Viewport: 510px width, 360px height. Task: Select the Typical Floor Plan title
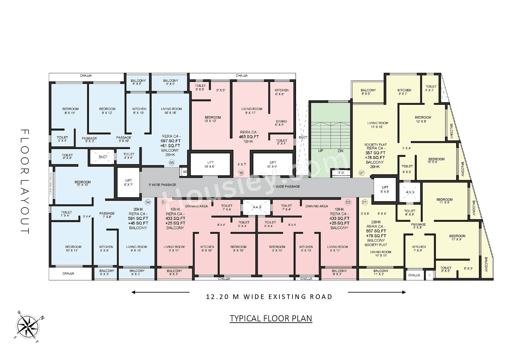point(271,319)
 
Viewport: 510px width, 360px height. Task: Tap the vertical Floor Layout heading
point(25,182)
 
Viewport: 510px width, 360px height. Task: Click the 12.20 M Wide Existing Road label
point(269,297)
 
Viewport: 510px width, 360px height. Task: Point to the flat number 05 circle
point(172,162)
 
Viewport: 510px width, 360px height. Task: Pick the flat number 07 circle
point(361,173)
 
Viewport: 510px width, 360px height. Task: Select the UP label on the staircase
point(321,151)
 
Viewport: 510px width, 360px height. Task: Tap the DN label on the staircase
point(340,151)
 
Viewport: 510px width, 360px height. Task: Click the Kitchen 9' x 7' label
point(404,92)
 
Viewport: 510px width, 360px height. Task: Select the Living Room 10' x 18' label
point(171,111)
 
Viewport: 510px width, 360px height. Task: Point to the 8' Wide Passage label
point(162,185)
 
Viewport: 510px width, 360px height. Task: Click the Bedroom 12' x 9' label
point(423,119)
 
